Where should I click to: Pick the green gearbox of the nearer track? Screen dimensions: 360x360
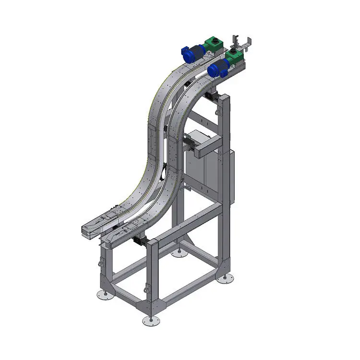tap(235, 59)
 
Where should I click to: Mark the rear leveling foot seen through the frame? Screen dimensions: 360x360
tap(179, 252)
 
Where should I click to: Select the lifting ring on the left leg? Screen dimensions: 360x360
tap(101, 263)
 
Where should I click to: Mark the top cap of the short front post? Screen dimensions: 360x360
tap(153, 241)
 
